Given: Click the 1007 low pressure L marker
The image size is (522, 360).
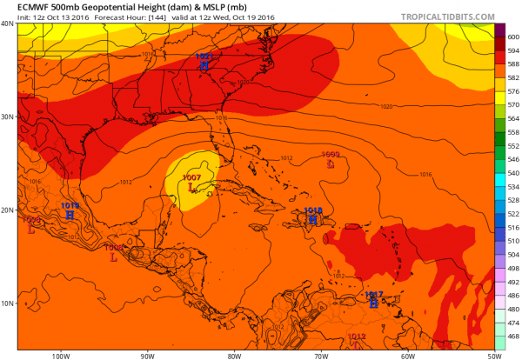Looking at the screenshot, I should click(x=191, y=185).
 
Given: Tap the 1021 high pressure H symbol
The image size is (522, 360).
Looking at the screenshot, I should click(x=204, y=63).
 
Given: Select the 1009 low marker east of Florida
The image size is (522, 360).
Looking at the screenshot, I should click(x=331, y=163).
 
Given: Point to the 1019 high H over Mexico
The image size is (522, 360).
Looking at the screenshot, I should click(x=70, y=213).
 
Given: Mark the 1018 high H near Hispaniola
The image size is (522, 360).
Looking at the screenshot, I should click(x=313, y=219).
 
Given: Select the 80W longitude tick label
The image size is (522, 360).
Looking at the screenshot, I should click(x=233, y=355).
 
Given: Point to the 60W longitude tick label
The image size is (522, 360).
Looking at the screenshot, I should click(x=407, y=355).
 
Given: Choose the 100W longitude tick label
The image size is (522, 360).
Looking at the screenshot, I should click(x=60, y=355).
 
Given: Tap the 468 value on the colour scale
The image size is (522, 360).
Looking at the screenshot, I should click(x=513, y=335).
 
